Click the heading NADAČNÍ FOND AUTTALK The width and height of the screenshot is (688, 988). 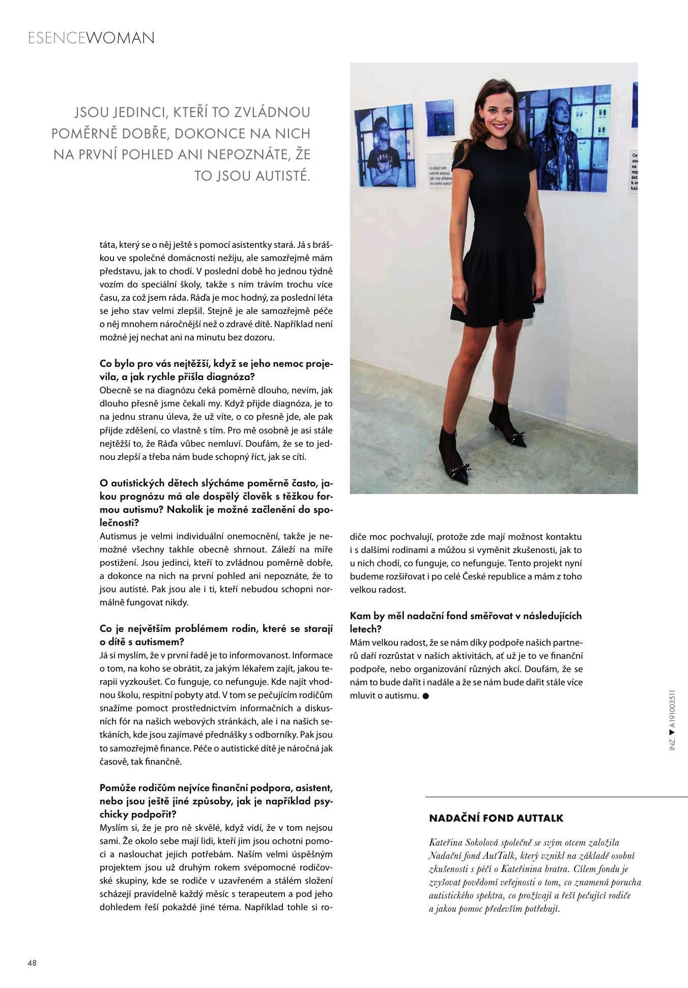tap(496, 818)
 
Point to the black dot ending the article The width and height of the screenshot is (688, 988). tap(426, 695)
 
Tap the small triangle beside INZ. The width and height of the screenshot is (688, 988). tap(672, 733)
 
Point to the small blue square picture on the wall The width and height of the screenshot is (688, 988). tap(439, 118)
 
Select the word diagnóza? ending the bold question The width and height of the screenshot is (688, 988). tap(230, 377)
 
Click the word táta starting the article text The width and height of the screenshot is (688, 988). tap(107, 245)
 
